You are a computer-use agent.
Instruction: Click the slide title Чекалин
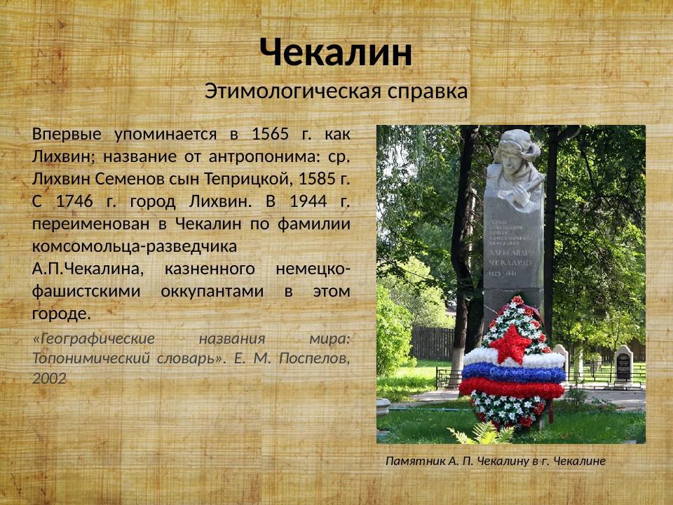point(336,53)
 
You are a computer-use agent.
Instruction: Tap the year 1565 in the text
point(270,134)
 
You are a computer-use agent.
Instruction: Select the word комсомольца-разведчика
point(134,246)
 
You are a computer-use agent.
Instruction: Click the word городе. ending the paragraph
point(61,314)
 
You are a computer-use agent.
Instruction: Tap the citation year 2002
point(49,379)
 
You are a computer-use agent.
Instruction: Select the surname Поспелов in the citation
point(312,358)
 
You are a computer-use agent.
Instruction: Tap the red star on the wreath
point(510,343)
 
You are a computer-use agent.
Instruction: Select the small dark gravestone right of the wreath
point(623,365)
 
